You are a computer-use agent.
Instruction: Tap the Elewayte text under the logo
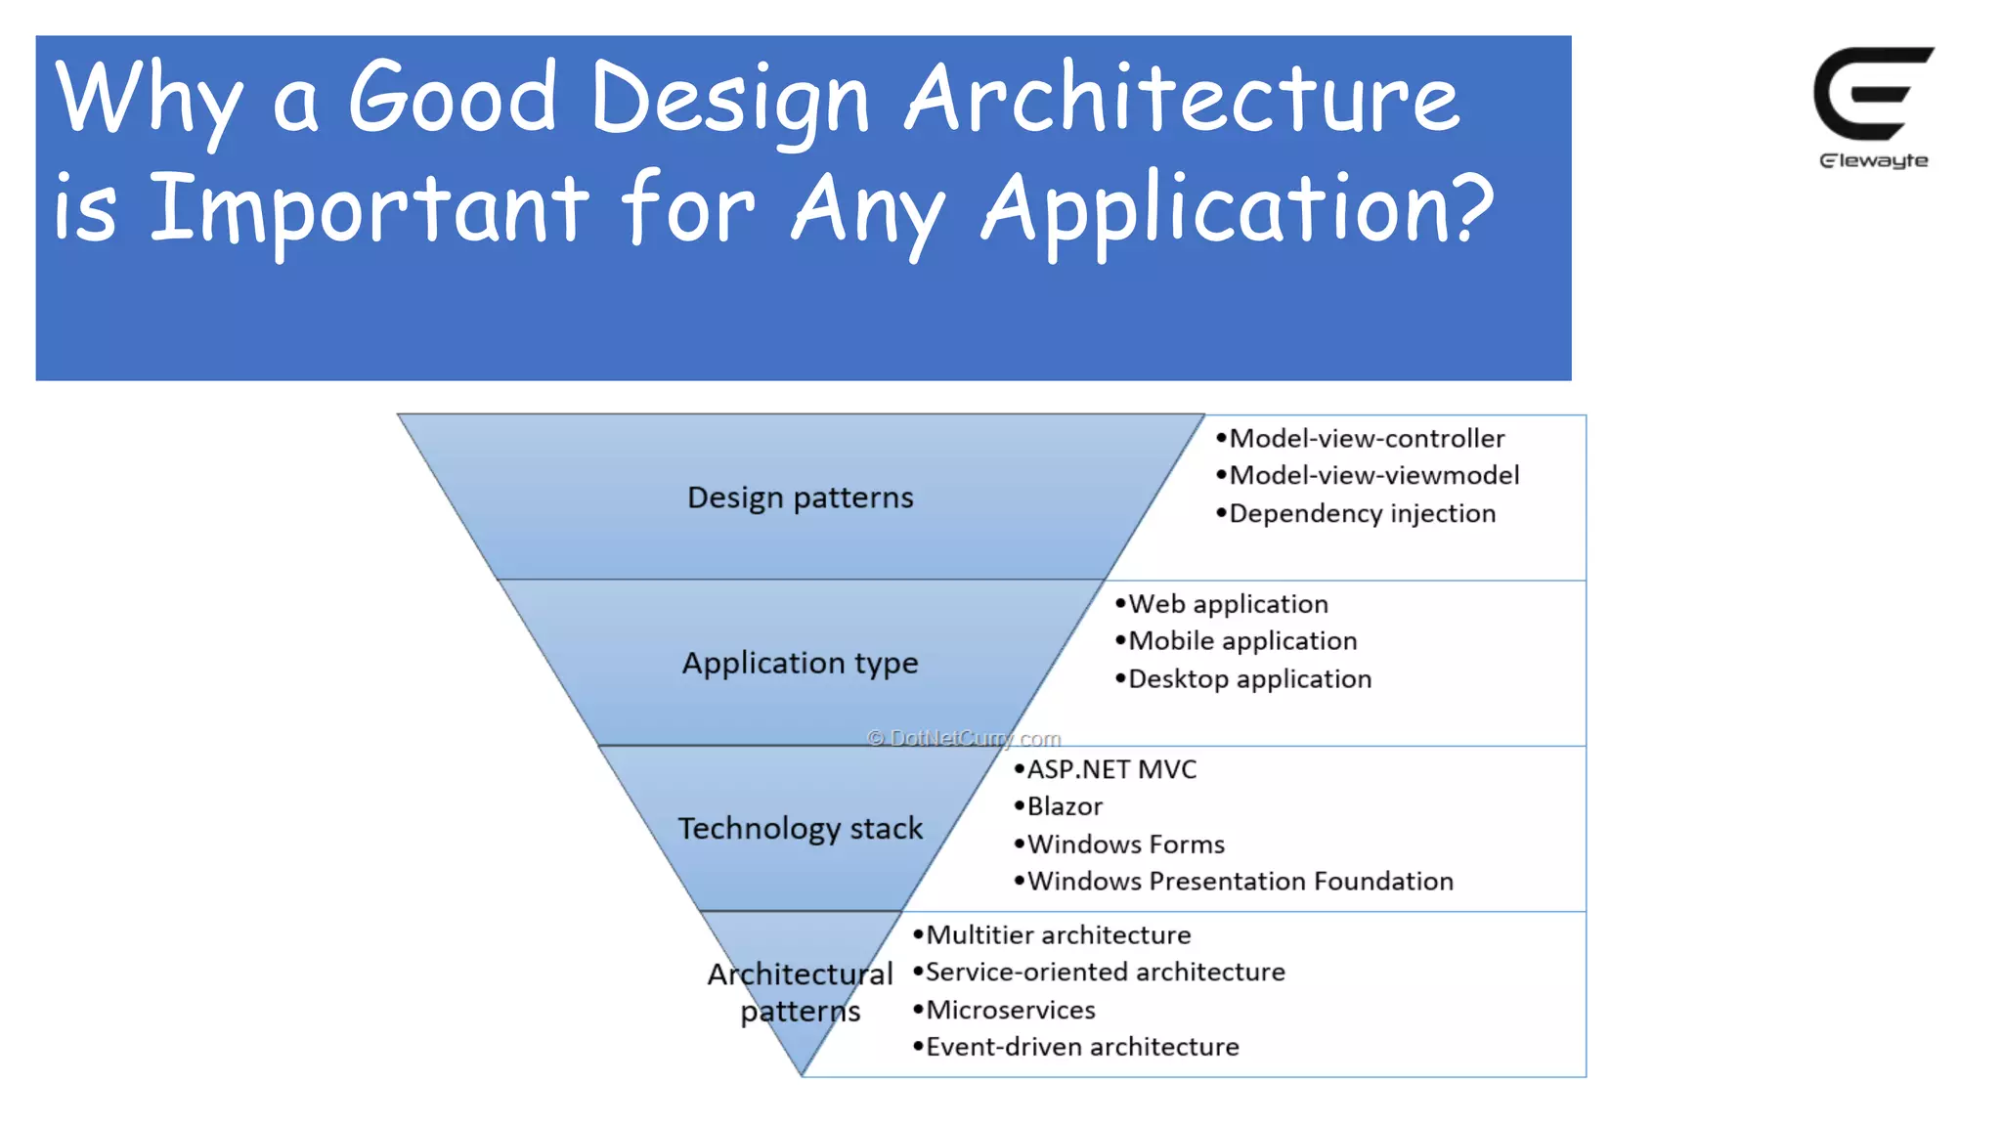[x=1873, y=161]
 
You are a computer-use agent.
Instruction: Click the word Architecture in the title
[x=1182, y=98]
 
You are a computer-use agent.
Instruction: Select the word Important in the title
[x=369, y=208]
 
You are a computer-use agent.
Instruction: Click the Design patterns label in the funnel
[x=800, y=498]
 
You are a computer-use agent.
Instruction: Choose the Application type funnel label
[x=800, y=663]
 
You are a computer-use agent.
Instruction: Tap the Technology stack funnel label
[x=800, y=828]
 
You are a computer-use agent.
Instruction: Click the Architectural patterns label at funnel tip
[x=800, y=992]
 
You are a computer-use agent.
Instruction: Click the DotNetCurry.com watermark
[x=964, y=738]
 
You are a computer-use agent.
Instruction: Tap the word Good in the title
[x=452, y=98]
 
